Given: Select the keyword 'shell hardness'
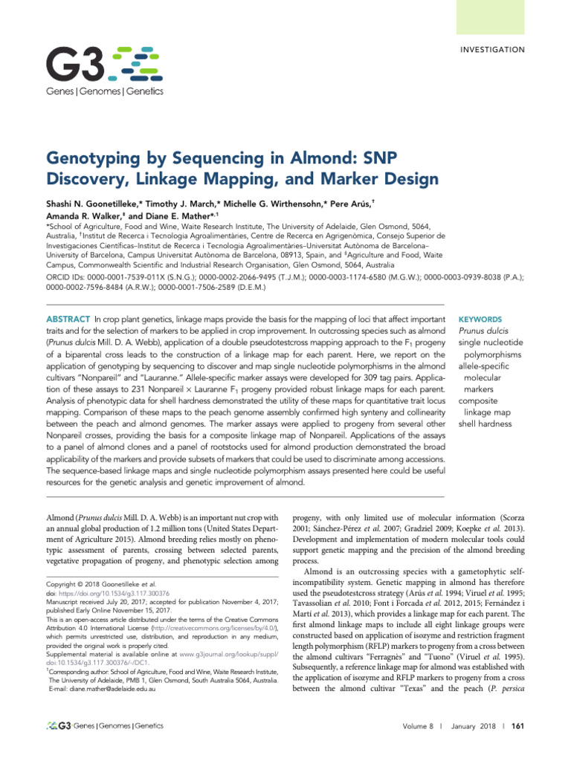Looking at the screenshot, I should (x=485, y=424).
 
